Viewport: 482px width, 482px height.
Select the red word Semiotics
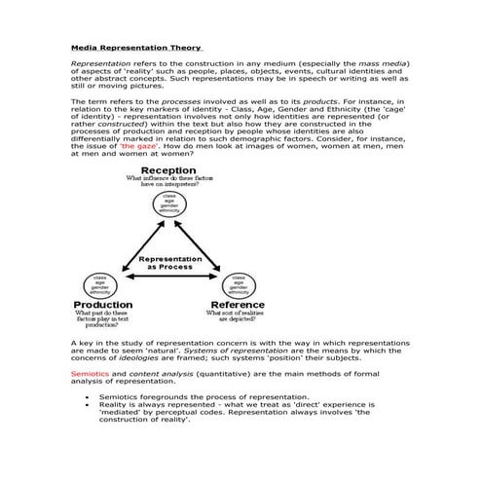[x=91, y=373]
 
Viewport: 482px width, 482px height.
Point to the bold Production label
[x=103, y=305]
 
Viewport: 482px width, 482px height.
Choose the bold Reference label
[x=231, y=305]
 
